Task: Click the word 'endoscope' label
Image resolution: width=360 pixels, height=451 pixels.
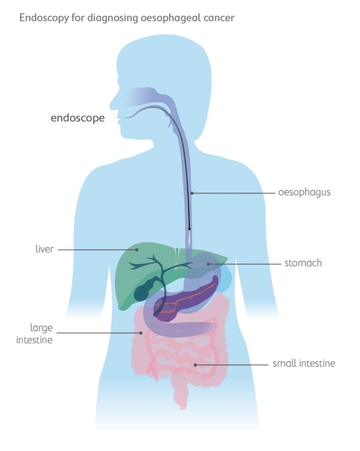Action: (77, 118)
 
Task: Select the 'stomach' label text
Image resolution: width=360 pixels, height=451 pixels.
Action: (303, 263)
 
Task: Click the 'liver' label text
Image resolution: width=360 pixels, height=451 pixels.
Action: (44, 250)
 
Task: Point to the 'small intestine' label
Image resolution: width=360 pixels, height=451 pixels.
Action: (304, 364)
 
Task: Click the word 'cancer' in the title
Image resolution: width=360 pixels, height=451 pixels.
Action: (220, 18)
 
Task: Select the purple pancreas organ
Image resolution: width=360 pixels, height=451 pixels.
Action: (191, 298)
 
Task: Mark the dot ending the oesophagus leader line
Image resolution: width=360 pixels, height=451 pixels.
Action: (192, 193)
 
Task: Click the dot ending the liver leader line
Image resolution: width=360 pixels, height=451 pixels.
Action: (137, 250)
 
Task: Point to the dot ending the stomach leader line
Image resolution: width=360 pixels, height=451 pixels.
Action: (209, 264)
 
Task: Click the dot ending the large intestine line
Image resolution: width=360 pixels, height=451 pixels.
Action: (141, 332)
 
